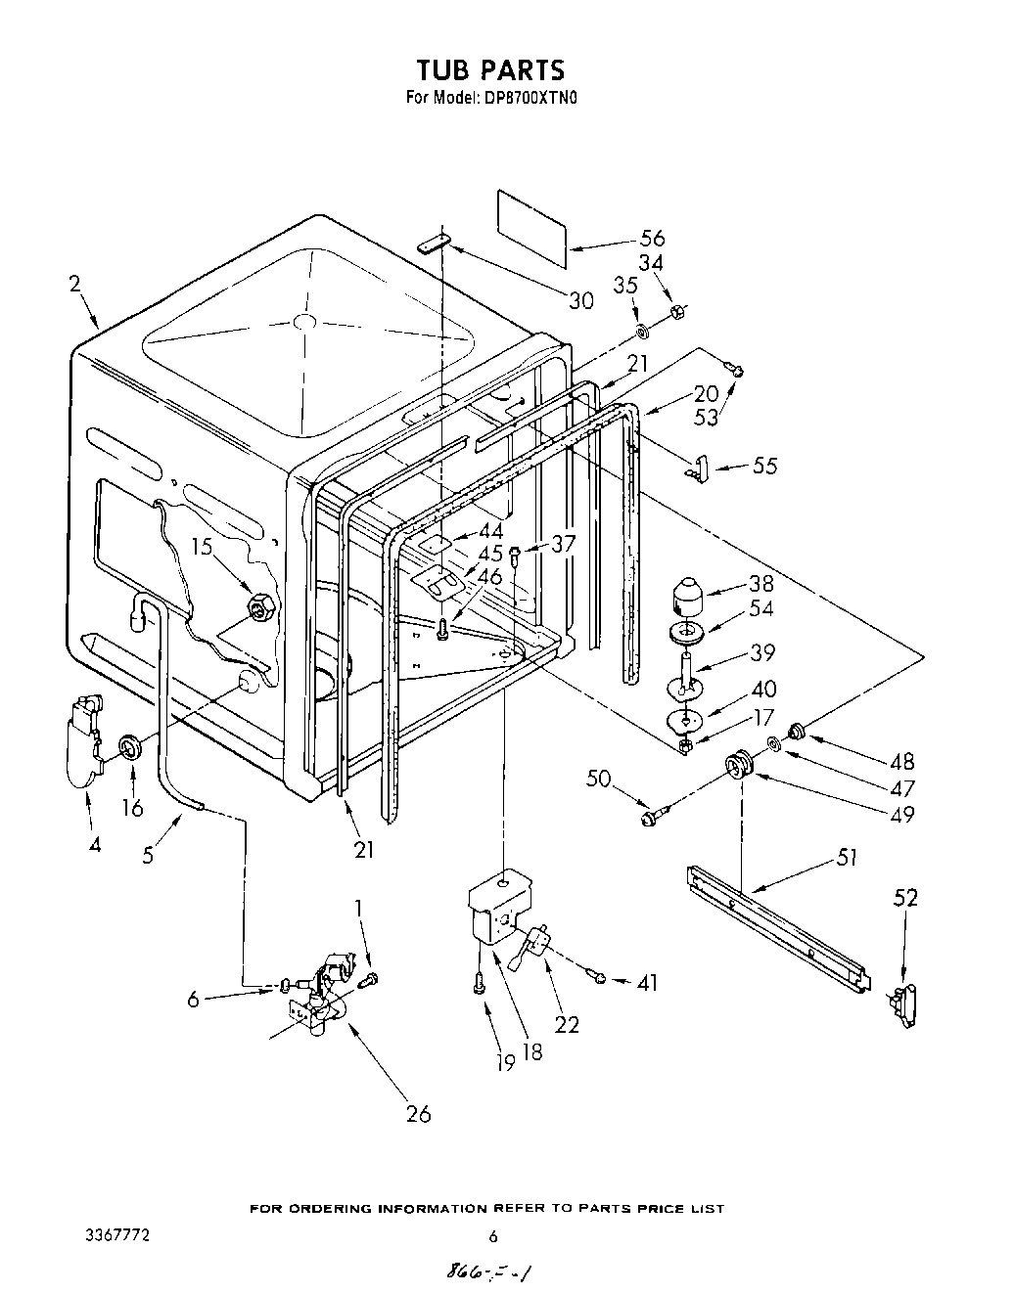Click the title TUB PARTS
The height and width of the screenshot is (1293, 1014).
coord(490,70)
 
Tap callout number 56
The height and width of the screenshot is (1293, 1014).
coord(652,238)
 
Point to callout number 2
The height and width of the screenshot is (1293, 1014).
coord(75,285)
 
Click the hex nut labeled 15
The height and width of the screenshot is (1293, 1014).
coord(258,608)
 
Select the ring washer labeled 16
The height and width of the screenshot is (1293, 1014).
coord(130,748)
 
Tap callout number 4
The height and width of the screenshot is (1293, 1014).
coord(94,844)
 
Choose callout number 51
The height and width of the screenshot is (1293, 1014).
coord(847,858)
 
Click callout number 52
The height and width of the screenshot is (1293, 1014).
coord(906,897)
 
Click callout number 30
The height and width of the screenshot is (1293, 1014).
coord(581,300)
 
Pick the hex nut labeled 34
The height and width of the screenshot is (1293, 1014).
coord(676,311)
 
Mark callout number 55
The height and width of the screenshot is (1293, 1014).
coord(764,466)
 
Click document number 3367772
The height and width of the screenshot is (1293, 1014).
coord(116,1235)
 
